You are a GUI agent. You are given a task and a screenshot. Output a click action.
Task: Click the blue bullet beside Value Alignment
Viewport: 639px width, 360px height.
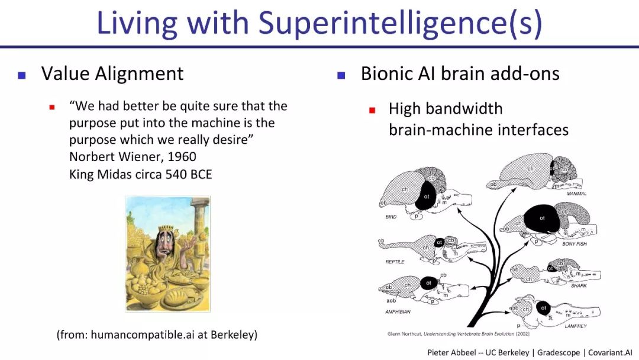click(x=22, y=75)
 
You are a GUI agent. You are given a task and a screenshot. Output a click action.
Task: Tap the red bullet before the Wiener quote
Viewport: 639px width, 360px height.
click(x=52, y=107)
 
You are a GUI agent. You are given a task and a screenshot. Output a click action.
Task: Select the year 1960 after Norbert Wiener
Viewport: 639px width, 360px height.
click(x=179, y=157)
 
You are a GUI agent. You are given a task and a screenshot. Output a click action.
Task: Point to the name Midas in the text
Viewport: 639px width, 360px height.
click(x=116, y=174)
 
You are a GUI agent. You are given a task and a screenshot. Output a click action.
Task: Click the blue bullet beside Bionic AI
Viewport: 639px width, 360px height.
click(x=341, y=75)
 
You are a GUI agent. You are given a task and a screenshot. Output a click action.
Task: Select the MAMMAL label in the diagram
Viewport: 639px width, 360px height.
click(x=576, y=194)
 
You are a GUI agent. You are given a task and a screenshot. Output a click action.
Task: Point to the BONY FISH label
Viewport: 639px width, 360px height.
click(x=574, y=244)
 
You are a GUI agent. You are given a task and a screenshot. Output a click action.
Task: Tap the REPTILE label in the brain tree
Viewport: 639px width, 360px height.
click(x=395, y=262)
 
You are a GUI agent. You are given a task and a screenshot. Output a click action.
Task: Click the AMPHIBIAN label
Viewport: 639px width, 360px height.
click(x=398, y=311)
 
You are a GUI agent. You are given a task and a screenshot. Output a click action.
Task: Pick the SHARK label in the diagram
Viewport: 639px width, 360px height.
click(x=579, y=286)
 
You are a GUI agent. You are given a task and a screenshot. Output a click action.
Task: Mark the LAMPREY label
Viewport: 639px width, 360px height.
click(x=575, y=326)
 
